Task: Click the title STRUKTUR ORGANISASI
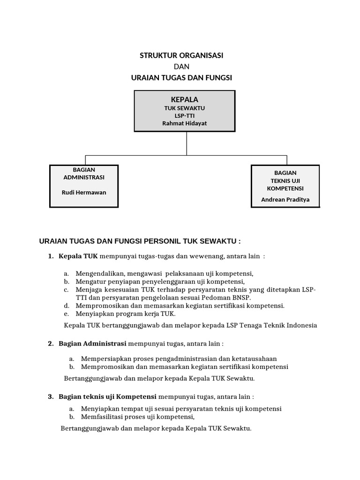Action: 181,55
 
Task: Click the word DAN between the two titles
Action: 181,67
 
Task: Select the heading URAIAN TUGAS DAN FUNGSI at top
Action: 181,78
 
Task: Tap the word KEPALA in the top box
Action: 184,99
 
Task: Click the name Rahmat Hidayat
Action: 184,123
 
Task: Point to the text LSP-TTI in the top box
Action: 184,116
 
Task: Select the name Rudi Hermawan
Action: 84,192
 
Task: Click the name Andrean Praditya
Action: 285,199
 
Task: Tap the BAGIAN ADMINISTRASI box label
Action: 84,173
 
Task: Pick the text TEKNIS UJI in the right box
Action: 285,180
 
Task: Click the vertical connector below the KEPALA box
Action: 187,143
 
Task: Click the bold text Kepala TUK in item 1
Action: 78,257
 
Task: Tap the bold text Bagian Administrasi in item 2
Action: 93,344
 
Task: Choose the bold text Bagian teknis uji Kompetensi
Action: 107,397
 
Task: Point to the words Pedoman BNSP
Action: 230,298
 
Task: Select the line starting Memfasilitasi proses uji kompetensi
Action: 137,417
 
